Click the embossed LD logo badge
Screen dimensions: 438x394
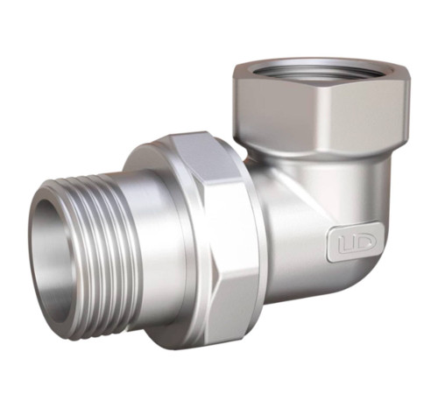(355, 242)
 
